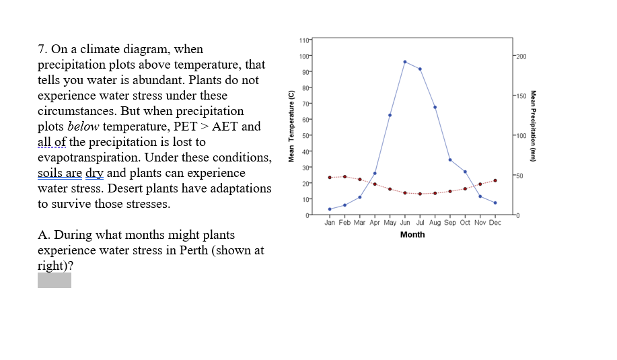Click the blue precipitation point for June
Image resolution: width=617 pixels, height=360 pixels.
405,62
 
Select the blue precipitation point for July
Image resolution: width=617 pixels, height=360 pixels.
420,69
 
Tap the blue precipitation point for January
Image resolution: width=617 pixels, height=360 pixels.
330,209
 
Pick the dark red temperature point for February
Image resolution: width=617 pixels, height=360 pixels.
344,176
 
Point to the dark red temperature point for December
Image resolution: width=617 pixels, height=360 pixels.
495,180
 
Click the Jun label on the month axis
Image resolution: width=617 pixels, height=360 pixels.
405,222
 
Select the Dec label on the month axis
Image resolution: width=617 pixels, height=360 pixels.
495,222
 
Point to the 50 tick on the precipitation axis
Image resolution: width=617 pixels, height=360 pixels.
520,176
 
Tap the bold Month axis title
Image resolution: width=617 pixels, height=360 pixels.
412,234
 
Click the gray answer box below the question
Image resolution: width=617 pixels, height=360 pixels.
55,280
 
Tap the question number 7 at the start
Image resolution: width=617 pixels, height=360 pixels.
41,49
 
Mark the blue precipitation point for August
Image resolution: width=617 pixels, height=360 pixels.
435,107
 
